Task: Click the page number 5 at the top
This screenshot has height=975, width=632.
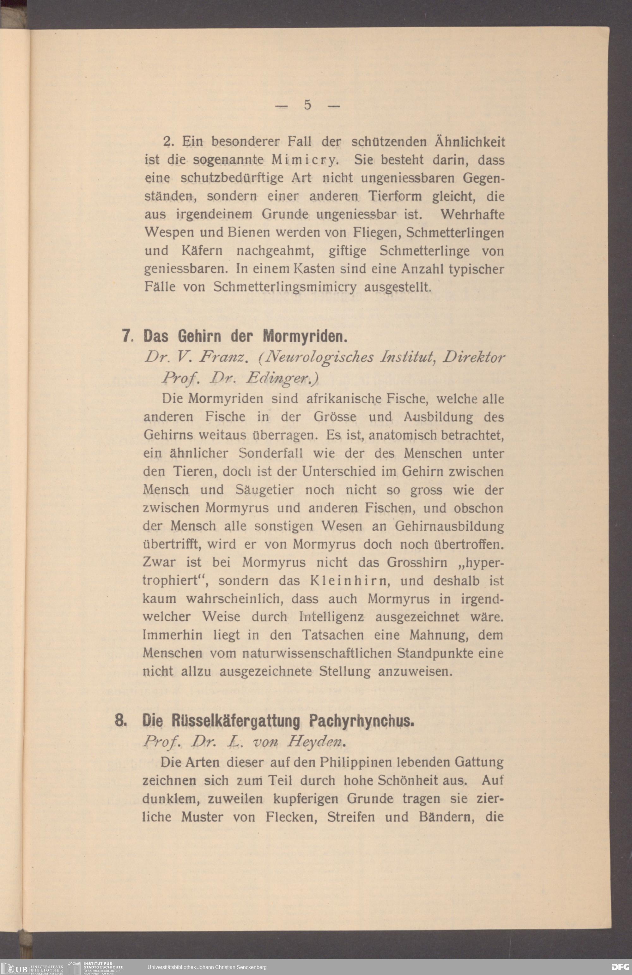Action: tap(308, 105)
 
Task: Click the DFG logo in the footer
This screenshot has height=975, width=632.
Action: tap(620, 967)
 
